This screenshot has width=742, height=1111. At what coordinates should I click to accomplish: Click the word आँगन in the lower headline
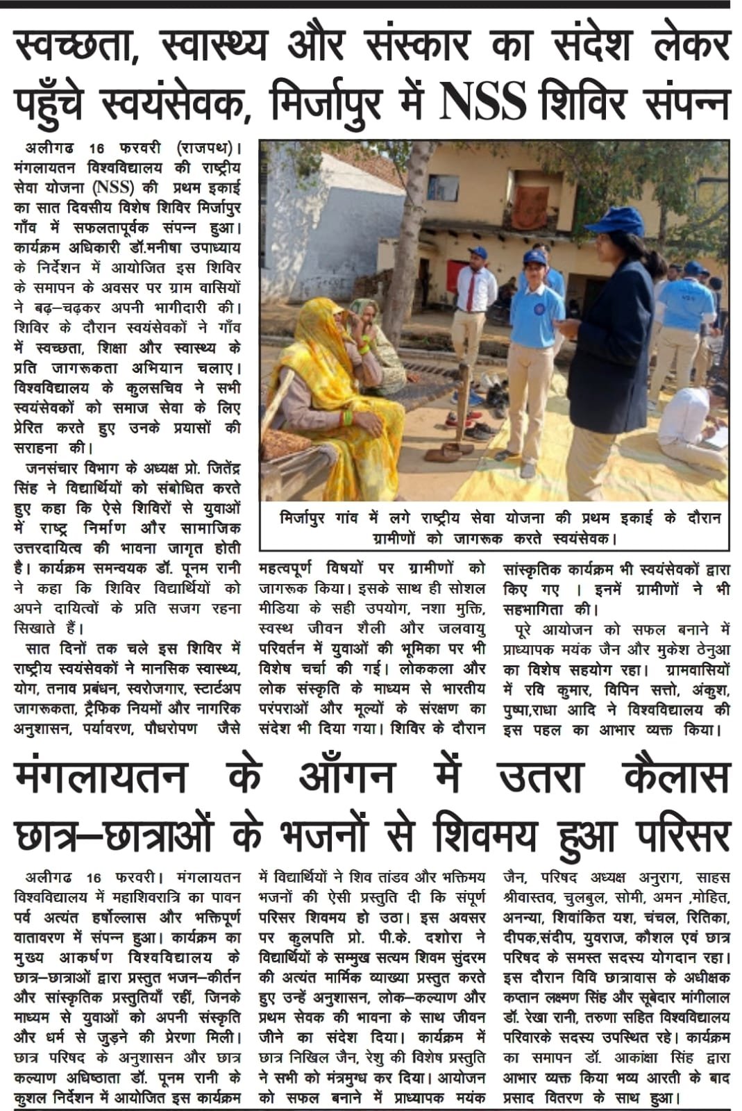(x=347, y=776)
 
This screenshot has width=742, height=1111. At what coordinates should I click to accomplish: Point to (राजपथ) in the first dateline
(x=208, y=149)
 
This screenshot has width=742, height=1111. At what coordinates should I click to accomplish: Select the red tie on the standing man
(x=471, y=292)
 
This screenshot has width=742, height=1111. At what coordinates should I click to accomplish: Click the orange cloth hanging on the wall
(x=530, y=206)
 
